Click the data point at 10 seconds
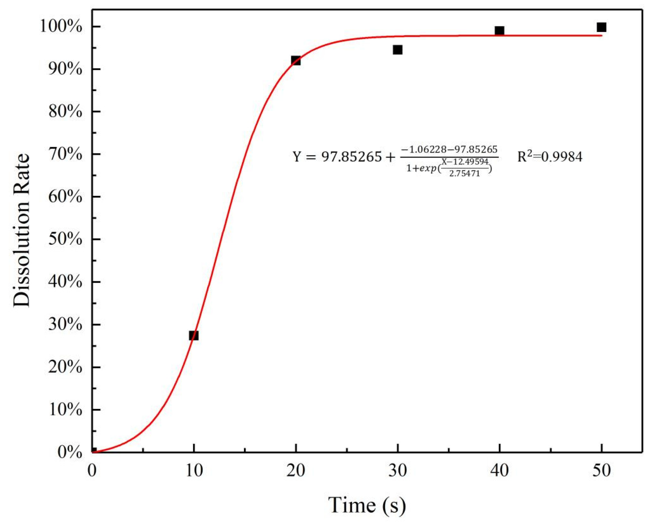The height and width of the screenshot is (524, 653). tap(194, 335)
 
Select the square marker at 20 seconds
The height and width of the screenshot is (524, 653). tap(296, 60)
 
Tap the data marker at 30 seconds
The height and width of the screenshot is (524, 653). tap(397, 50)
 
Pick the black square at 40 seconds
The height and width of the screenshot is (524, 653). tap(499, 31)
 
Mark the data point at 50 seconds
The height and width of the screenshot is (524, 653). tap(601, 27)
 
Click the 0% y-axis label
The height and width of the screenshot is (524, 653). tap(69, 453)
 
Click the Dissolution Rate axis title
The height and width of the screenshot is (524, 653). tap(22, 230)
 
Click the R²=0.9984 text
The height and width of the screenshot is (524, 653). tap(549, 157)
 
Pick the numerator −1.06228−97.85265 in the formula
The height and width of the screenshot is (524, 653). tap(449, 149)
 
